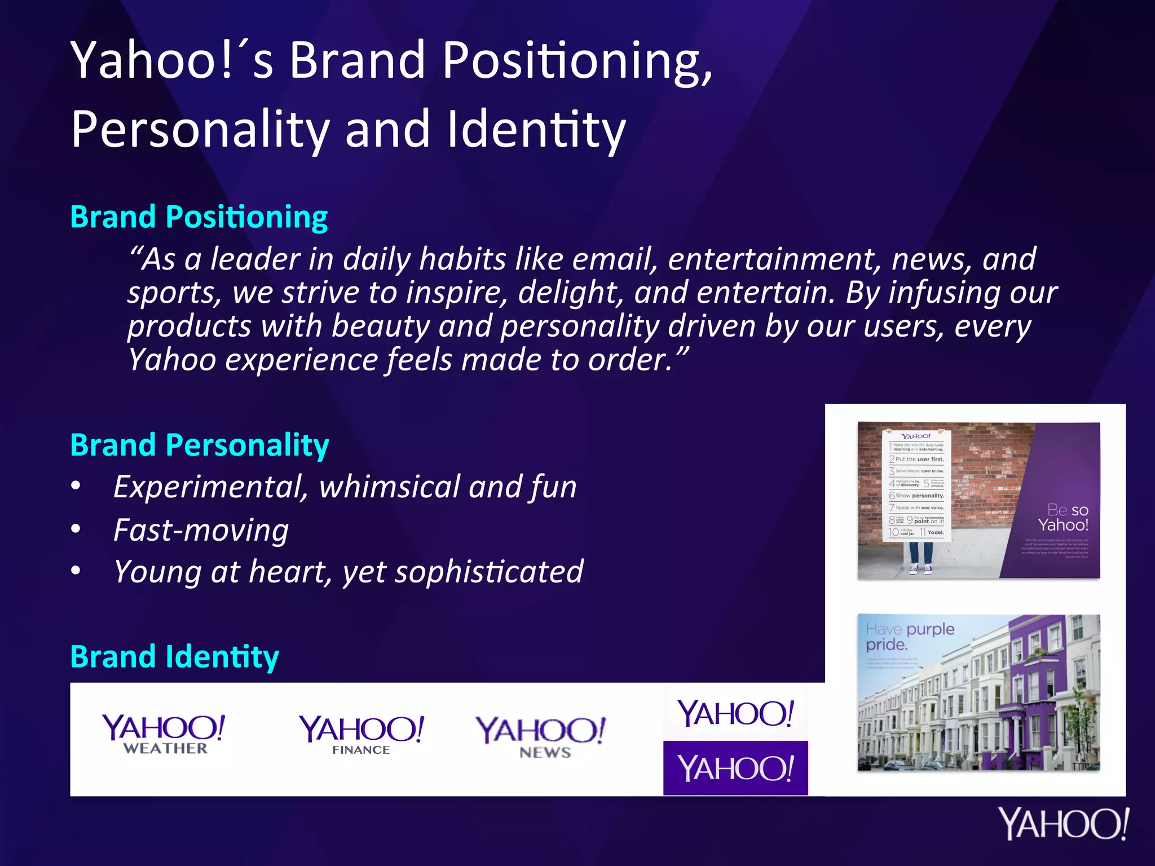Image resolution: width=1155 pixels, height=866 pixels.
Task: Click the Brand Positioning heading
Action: [199, 218]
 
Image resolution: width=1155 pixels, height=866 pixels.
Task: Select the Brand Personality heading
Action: [200, 445]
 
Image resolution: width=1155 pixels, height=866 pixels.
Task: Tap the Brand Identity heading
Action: [174, 657]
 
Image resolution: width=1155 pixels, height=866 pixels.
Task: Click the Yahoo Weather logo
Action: [164, 734]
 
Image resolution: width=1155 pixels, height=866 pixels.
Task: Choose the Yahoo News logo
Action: [541, 736]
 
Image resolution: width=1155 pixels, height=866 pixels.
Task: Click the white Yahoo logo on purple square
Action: [735, 768]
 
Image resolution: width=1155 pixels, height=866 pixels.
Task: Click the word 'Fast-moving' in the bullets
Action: [201, 531]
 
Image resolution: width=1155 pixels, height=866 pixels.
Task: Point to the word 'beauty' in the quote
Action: [380, 327]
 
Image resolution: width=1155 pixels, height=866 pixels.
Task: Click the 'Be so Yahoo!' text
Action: [1064, 518]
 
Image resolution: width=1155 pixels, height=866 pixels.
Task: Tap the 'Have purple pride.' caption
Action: [909, 637]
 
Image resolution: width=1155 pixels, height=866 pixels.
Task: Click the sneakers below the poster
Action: [920, 569]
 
